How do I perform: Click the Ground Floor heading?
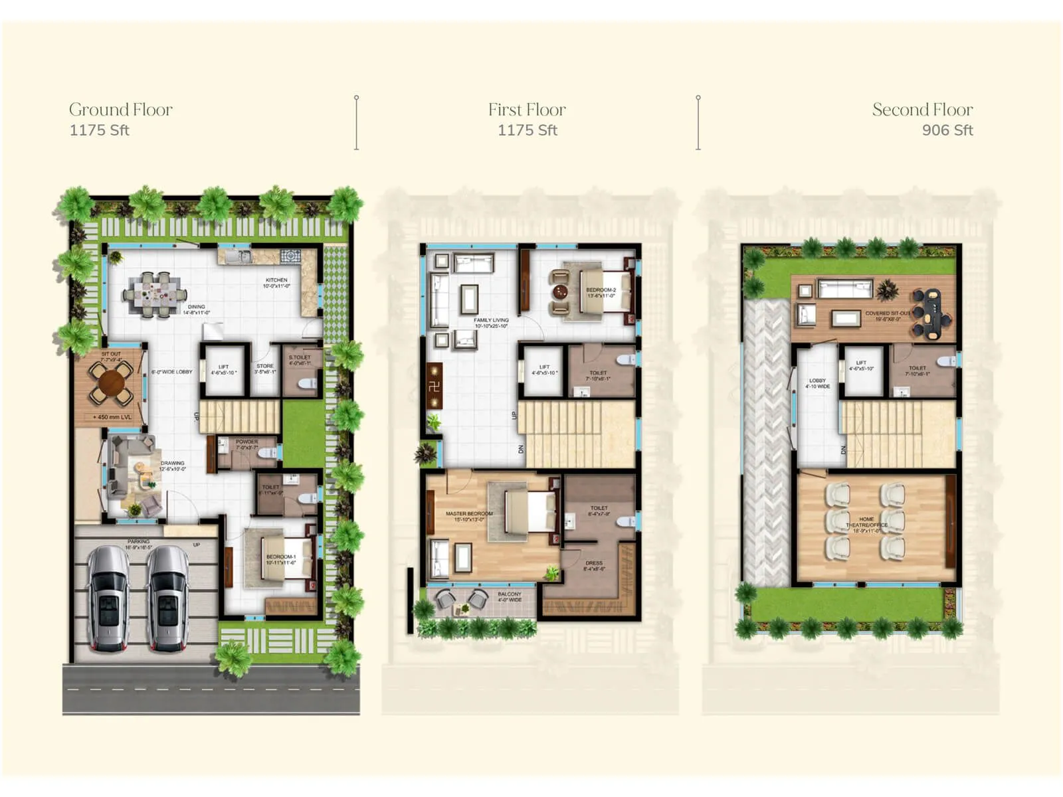point(121,110)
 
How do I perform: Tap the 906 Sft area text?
point(947,130)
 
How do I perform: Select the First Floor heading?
point(527,110)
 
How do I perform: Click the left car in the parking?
point(110,598)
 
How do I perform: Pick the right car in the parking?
point(167,598)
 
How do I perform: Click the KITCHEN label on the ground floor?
point(276,280)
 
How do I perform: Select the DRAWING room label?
point(173,464)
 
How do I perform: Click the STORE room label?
point(265,366)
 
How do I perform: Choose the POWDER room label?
point(246,442)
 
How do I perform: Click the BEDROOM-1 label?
point(280,557)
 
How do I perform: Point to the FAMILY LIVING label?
point(491,321)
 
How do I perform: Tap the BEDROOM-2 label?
point(601,290)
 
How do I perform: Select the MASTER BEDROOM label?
point(469,514)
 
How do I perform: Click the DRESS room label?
point(594,563)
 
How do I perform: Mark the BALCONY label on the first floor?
point(510,594)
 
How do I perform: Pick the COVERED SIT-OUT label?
point(888,313)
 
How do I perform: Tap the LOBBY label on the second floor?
point(817,381)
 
